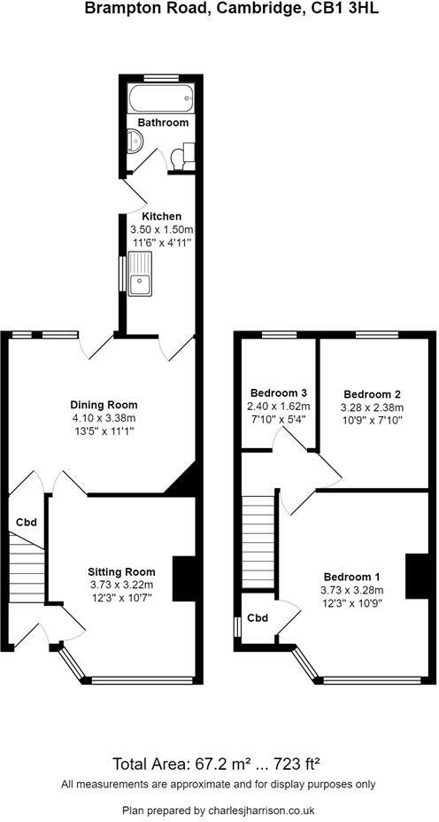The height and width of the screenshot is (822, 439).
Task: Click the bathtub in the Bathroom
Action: coord(161,97)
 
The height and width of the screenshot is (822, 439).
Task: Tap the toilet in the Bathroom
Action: coord(181,156)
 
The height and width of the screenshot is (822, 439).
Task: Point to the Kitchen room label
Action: coord(162,216)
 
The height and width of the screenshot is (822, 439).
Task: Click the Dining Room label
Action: coord(104,405)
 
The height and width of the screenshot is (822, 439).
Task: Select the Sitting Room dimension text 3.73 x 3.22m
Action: coord(121,585)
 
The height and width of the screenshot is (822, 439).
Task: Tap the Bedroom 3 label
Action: coord(278,392)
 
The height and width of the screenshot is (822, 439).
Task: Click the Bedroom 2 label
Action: coord(372,393)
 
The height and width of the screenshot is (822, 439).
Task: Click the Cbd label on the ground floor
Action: coord(25,523)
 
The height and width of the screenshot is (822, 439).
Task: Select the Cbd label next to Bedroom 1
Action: coord(258,618)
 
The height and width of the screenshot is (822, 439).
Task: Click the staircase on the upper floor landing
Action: coord(258,543)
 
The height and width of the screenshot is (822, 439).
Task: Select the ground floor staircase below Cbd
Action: coord(26,568)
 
